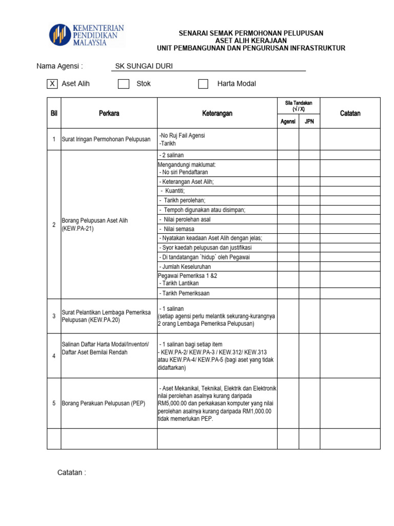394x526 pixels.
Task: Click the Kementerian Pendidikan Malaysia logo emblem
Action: [x=61, y=35]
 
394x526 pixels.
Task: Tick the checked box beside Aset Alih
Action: [x=52, y=84]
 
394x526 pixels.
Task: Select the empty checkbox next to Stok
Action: [x=124, y=84]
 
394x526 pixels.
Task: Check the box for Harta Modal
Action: [x=204, y=84]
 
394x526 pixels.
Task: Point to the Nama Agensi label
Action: [x=60, y=66]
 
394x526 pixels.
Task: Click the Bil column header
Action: [x=54, y=113]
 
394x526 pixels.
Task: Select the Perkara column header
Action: [x=109, y=113]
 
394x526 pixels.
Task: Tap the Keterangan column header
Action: [x=217, y=113]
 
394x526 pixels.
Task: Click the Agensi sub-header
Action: [x=288, y=122]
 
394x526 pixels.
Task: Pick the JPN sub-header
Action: [x=309, y=122]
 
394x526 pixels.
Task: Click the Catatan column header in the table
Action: [x=350, y=113]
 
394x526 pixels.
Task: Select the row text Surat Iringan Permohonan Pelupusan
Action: [x=106, y=139]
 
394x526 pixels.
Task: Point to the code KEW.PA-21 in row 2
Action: [x=77, y=229]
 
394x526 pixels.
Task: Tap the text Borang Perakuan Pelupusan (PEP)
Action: [x=104, y=403]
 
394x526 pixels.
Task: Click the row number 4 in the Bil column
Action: [x=54, y=356]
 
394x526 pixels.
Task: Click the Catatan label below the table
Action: [x=71, y=472]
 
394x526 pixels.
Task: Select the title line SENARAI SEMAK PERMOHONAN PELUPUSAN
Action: [x=251, y=33]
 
